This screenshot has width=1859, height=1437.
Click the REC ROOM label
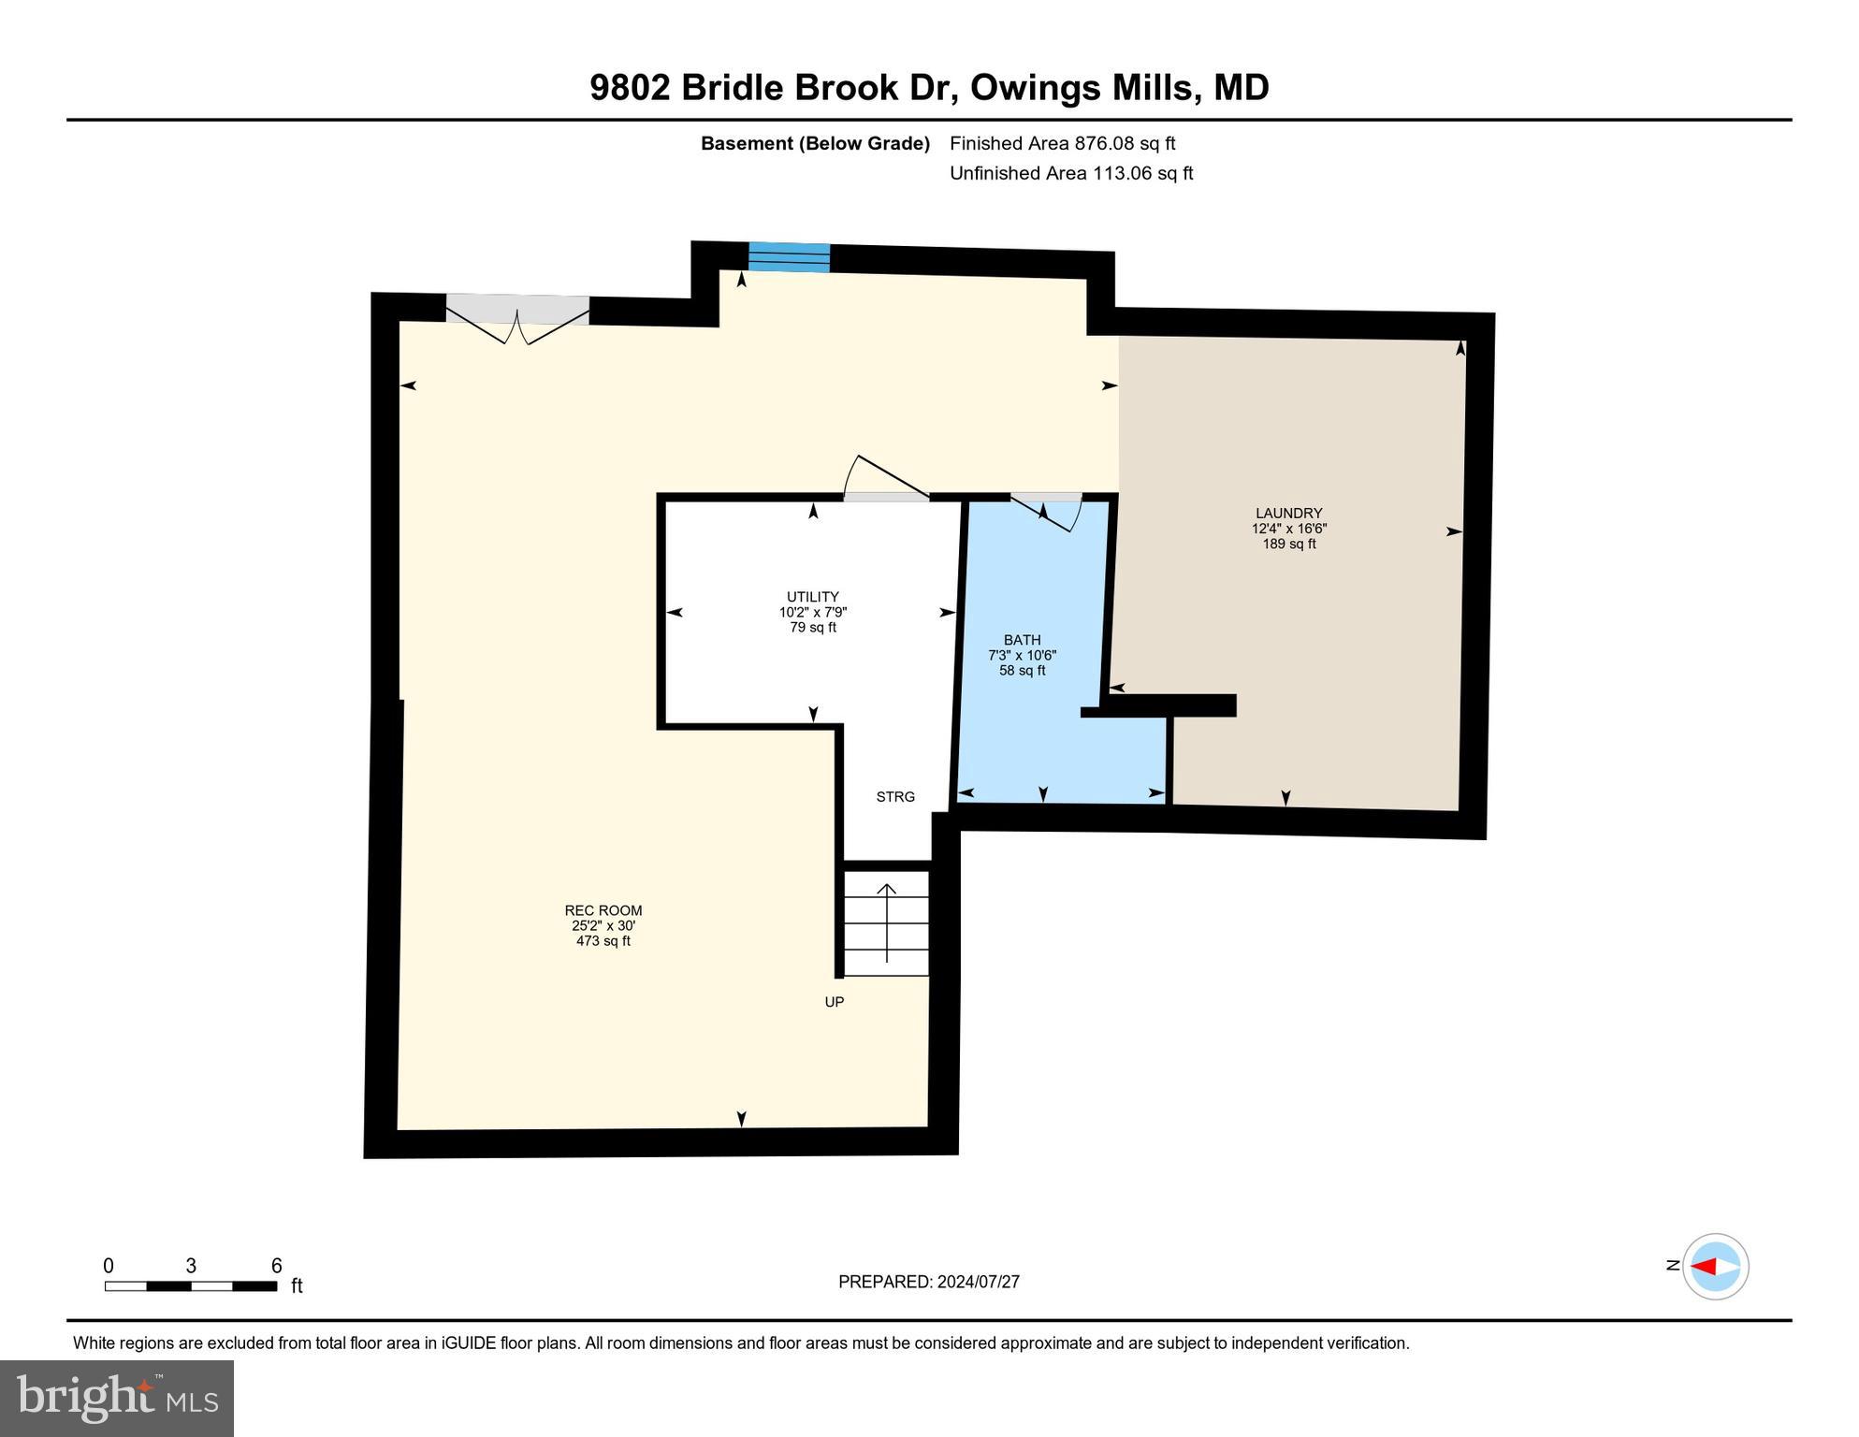(x=603, y=910)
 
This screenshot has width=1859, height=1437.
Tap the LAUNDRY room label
(x=1288, y=513)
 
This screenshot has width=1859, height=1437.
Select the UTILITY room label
(x=812, y=597)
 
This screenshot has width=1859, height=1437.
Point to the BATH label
(x=1022, y=640)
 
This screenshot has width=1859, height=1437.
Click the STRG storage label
(x=894, y=797)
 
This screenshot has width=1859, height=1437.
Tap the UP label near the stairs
(x=834, y=1002)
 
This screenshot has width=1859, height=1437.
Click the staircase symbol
(x=886, y=923)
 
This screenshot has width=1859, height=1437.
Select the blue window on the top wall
(x=789, y=257)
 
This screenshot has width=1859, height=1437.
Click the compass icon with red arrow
(x=1715, y=1267)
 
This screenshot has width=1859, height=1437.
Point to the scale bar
(x=191, y=1285)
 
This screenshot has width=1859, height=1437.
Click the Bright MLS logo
(x=117, y=1398)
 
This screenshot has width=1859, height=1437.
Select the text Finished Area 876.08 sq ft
(x=1062, y=143)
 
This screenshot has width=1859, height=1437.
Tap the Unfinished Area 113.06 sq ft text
(x=1070, y=173)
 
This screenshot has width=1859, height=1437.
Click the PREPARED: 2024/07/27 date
(x=928, y=1282)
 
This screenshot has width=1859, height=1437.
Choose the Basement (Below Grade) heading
(x=815, y=143)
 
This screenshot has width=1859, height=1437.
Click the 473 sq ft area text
(x=603, y=941)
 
